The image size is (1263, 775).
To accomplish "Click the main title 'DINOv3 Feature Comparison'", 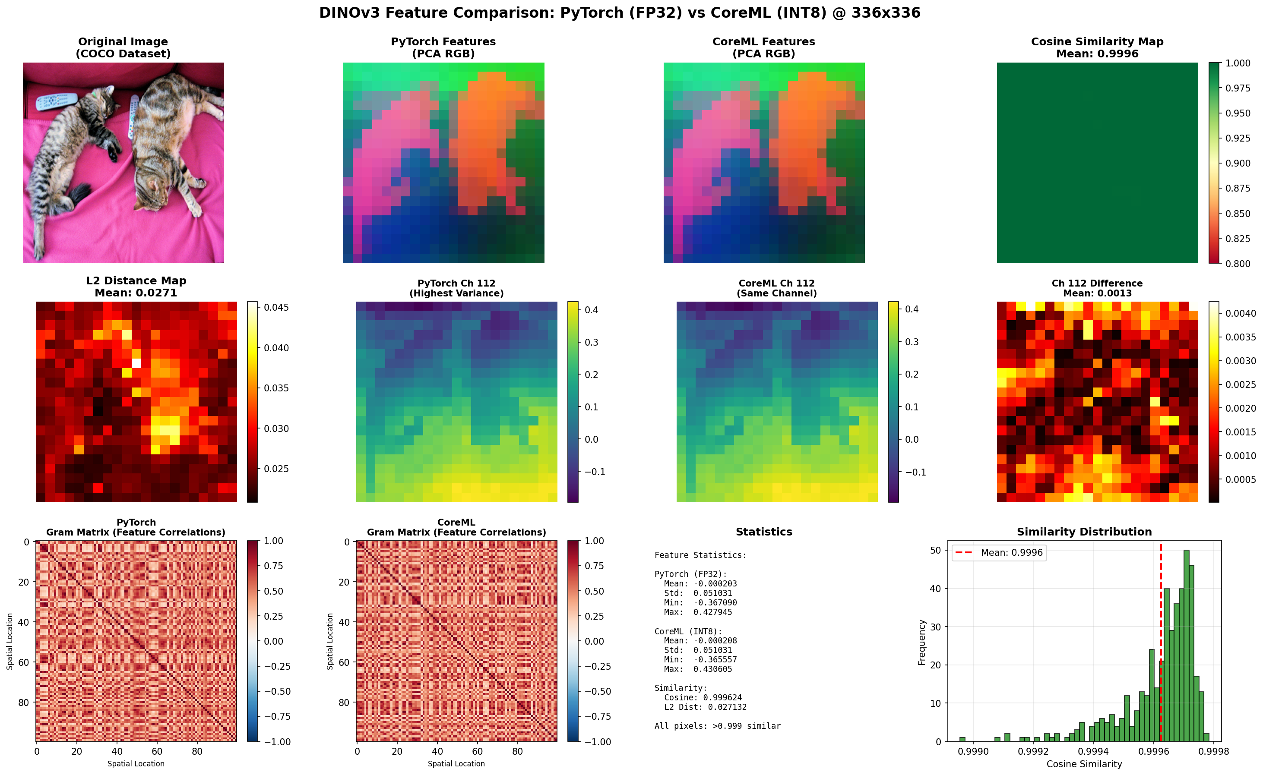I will tap(620, 13).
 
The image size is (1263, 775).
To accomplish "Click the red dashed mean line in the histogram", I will tap(1161, 641).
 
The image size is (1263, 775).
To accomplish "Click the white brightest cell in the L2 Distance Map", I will tap(136, 363).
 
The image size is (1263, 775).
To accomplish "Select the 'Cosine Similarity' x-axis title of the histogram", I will tap(1084, 764).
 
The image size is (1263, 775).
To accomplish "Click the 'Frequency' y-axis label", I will tap(921, 642).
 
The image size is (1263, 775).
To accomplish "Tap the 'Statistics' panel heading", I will tap(763, 532).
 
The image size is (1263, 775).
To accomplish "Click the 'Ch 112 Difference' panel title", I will tap(1097, 284).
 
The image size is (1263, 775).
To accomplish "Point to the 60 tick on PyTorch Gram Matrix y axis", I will tap(24, 662).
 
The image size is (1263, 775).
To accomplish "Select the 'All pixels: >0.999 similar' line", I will tap(717, 726).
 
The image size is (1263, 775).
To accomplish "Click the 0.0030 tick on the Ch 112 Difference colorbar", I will tap(1241, 361).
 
